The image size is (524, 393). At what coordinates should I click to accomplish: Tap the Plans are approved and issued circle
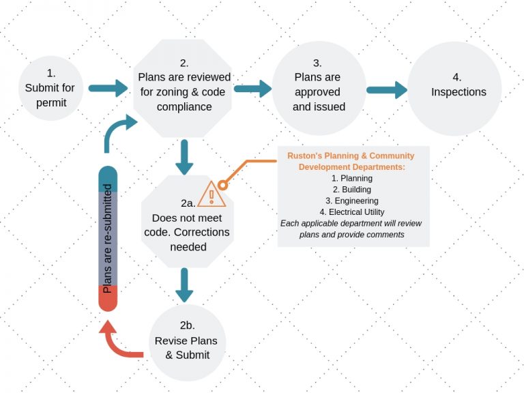pos(319,89)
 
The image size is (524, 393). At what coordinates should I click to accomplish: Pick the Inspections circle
pos(458,89)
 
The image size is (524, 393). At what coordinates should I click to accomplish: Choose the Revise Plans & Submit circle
pos(186,341)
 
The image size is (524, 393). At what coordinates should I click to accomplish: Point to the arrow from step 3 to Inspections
pos(386,89)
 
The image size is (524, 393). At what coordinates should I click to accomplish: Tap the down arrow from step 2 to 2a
pos(183,158)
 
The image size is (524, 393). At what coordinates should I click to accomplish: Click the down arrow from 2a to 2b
pos(183,285)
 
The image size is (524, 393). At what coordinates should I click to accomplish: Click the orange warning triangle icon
pos(212,194)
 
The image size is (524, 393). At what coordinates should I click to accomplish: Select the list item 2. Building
pos(351,190)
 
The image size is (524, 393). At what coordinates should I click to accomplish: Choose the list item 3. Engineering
pos(351,201)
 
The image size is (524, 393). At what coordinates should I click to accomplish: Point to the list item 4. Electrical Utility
pos(351,212)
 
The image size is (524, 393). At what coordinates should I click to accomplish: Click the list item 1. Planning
pos(351,179)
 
